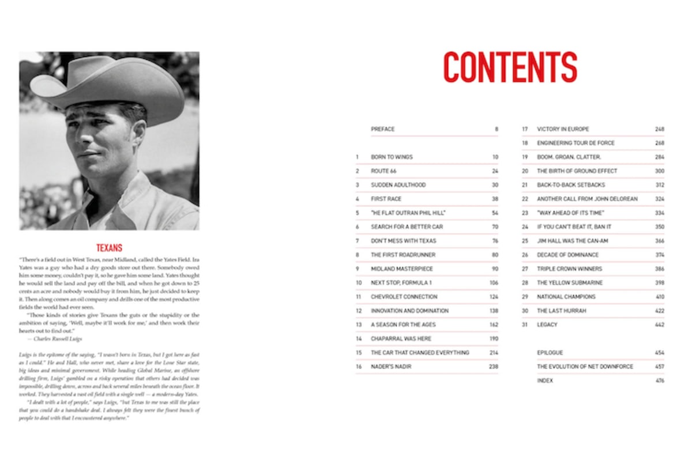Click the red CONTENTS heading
(510, 67)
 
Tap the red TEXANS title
(109, 248)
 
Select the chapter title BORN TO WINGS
(392, 157)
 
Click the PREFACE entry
(383, 129)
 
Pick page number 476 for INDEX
(660, 381)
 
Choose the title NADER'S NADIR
(390, 366)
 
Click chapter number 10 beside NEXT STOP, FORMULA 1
(359, 283)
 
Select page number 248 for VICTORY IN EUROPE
(660, 129)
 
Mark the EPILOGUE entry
(550, 353)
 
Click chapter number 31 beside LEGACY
(525, 325)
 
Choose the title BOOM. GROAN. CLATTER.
(569, 157)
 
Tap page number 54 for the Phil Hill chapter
(495, 213)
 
